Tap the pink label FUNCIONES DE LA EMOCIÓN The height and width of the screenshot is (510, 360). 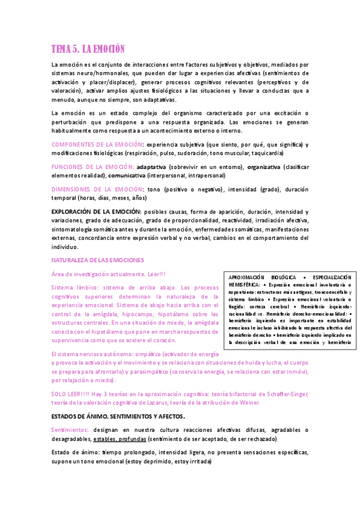point(93,166)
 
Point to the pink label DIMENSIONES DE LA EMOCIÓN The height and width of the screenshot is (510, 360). point(96,189)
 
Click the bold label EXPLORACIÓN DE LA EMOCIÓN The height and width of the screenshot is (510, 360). point(96,212)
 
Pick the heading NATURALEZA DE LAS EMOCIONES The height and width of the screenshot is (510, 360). point(97,260)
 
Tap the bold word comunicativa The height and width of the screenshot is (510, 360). point(127,175)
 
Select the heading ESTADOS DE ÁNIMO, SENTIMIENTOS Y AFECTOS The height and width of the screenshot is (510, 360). point(118,416)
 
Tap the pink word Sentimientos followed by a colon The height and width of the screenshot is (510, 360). point(70,429)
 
